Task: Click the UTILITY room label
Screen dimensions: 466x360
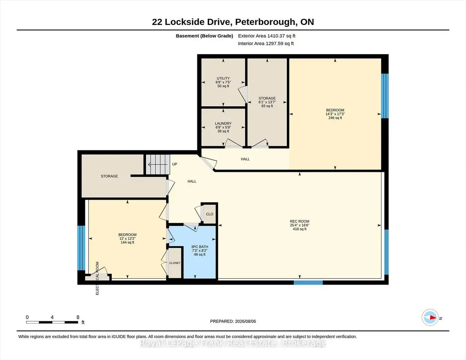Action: point(223,79)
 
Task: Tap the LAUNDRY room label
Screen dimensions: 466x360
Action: point(223,124)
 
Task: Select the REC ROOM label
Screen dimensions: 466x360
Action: point(300,221)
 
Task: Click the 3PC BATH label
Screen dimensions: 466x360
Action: point(200,247)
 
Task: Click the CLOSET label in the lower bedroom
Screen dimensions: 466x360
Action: point(175,263)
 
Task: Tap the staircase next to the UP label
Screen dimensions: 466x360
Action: point(158,164)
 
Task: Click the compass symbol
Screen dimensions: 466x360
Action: point(430,318)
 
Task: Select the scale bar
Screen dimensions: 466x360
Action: point(52,322)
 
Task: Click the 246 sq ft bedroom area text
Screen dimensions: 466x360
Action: point(335,118)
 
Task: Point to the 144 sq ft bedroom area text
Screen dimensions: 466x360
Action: point(127,242)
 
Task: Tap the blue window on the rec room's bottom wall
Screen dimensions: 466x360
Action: point(308,282)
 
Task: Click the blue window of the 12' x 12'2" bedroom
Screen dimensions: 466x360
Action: point(81,248)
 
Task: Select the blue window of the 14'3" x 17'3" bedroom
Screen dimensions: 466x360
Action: point(385,96)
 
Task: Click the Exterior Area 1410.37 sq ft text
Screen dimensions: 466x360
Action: point(266,36)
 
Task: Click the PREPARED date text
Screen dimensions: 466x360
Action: point(233,321)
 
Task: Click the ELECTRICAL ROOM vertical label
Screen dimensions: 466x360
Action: point(97,278)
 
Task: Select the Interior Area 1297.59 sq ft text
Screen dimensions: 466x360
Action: point(266,43)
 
